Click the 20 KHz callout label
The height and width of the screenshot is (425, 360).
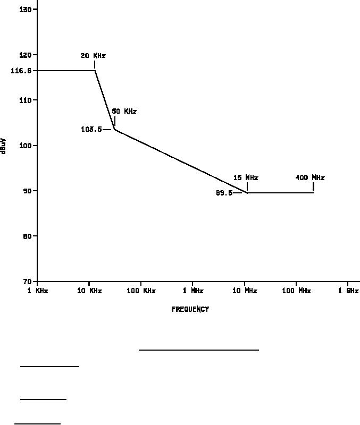tap(93, 56)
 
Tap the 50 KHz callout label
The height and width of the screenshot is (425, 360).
tap(124, 112)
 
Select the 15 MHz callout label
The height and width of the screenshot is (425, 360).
tap(246, 178)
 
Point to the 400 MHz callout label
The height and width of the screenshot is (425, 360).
tap(310, 178)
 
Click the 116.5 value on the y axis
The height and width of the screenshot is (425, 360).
tap(21, 71)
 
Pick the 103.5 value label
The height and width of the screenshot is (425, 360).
tap(91, 129)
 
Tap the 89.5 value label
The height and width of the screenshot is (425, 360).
tap(224, 193)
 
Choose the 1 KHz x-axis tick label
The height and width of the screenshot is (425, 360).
tap(37, 291)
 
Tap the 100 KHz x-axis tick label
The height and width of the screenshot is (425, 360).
tap(141, 291)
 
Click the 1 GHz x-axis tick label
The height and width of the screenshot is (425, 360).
tap(348, 291)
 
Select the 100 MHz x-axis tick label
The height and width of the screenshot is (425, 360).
tap(296, 291)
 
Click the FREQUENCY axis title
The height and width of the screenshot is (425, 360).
tap(190, 309)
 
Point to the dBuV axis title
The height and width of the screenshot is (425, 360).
tap(4, 146)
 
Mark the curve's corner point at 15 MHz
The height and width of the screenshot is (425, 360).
tap(247, 193)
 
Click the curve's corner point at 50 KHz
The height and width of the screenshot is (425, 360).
tap(115, 129)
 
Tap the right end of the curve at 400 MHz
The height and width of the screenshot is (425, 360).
tap(314, 192)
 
